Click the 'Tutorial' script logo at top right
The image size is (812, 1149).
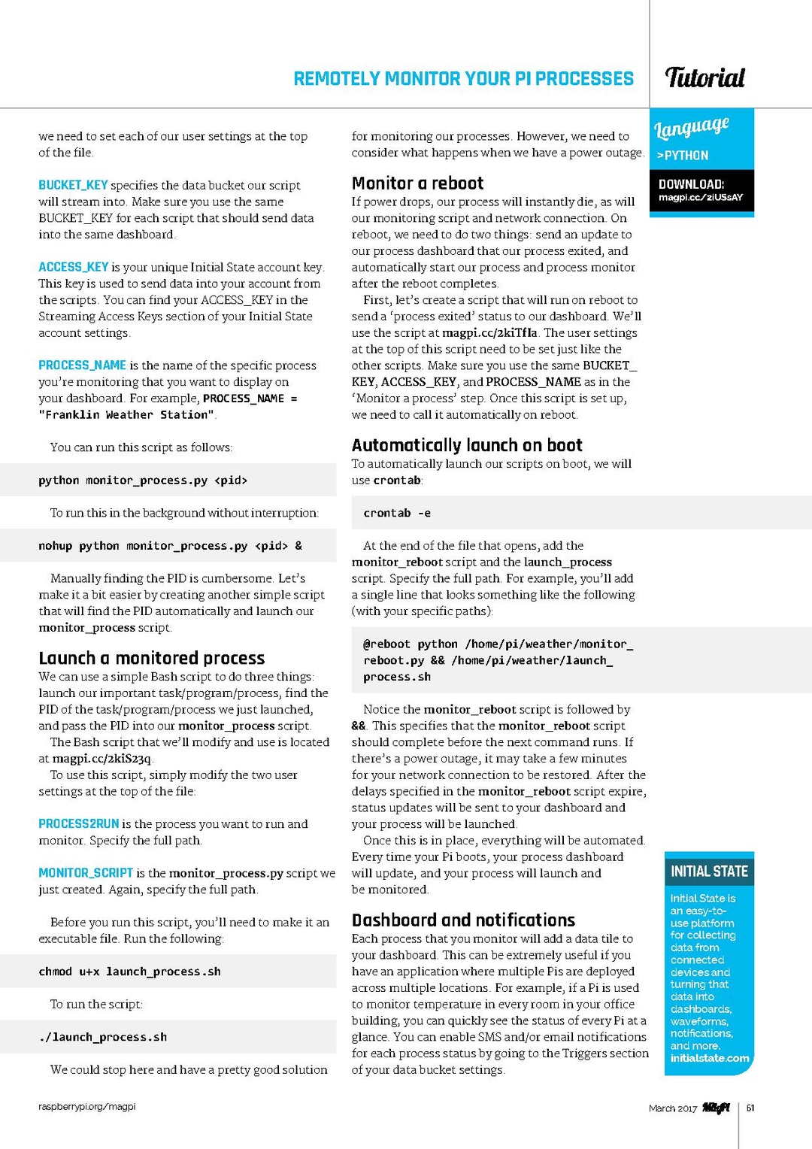pyautogui.click(x=704, y=77)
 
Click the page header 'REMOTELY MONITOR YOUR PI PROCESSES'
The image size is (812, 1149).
pyautogui.click(x=463, y=79)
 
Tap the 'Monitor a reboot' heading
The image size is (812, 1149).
pyautogui.click(x=417, y=183)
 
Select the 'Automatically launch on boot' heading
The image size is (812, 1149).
pyautogui.click(x=467, y=445)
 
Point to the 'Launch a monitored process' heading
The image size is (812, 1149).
pyautogui.click(x=152, y=659)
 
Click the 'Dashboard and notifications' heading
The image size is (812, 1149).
pyautogui.click(x=463, y=920)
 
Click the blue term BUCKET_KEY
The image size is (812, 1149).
pyautogui.click(x=73, y=185)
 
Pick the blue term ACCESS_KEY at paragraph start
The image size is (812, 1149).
pyautogui.click(x=74, y=267)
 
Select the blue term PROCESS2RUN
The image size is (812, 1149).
pyautogui.click(x=79, y=824)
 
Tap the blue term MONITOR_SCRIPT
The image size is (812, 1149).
pyautogui.click(x=86, y=873)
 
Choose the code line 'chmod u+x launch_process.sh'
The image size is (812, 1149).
pyautogui.click(x=129, y=972)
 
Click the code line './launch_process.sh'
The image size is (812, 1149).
pyautogui.click(x=103, y=1037)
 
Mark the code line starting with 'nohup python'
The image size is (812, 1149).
pyautogui.click(x=170, y=546)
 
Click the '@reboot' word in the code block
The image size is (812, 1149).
pyautogui.click(x=386, y=644)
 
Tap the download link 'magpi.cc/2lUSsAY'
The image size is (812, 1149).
pyautogui.click(x=700, y=198)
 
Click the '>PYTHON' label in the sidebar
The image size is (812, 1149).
pyautogui.click(x=683, y=156)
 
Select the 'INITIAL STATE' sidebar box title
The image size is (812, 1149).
pyautogui.click(x=709, y=872)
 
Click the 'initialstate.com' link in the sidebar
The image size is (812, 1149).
pyautogui.click(x=709, y=1059)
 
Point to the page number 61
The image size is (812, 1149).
pyautogui.click(x=750, y=1108)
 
